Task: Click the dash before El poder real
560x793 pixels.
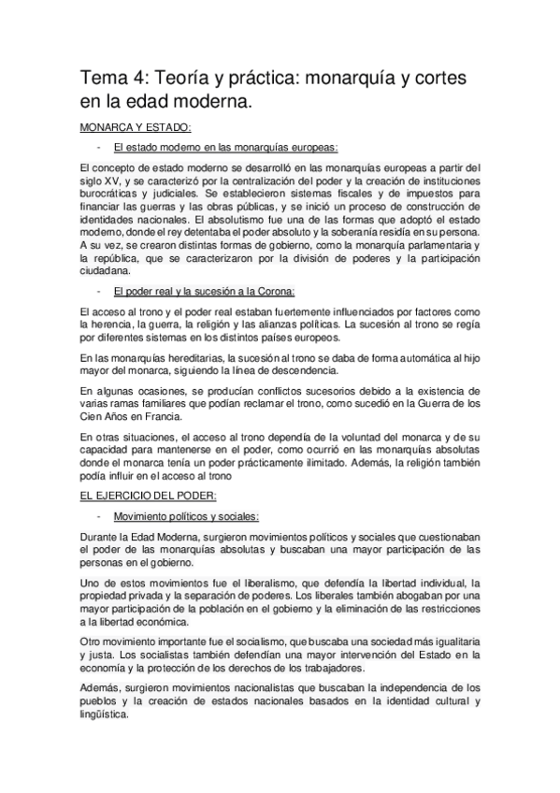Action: coord(98,291)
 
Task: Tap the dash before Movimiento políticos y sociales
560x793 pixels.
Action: coord(98,515)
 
